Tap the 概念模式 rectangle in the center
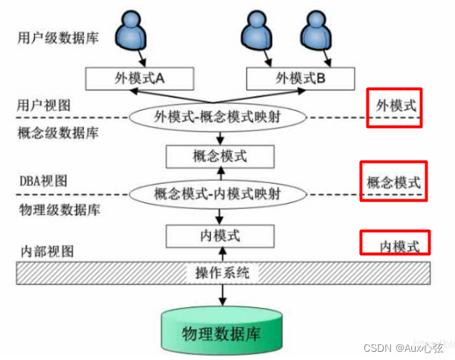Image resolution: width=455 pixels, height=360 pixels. coord(219,156)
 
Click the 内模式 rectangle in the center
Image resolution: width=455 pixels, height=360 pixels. coord(219,236)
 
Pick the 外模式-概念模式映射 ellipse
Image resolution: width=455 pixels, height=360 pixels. coord(219,117)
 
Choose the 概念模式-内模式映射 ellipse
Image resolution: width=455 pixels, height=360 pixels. coord(219,195)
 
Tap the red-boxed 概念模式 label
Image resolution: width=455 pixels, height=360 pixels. coord(393,181)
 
